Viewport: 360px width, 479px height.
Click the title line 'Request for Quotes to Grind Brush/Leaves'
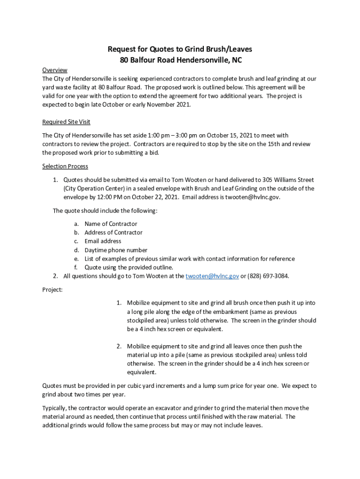click(180, 50)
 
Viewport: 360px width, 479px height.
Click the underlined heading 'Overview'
click(55, 70)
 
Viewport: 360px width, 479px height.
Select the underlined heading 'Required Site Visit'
click(66, 122)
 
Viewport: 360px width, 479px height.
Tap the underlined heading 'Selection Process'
click(65, 166)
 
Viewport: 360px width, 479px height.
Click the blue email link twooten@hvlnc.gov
click(212, 276)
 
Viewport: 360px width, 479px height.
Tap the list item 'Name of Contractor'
click(111, 224)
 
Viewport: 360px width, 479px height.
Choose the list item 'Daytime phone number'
click(116, 250)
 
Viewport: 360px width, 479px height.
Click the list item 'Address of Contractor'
click(114, 232)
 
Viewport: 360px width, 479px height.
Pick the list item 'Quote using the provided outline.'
click(129, 268)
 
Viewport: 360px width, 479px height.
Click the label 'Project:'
click(52, 290)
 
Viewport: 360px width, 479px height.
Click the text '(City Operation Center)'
click(93, 189)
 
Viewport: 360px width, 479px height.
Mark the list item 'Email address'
click(103, 241)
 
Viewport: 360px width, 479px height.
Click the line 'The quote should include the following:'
click(105, 210)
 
